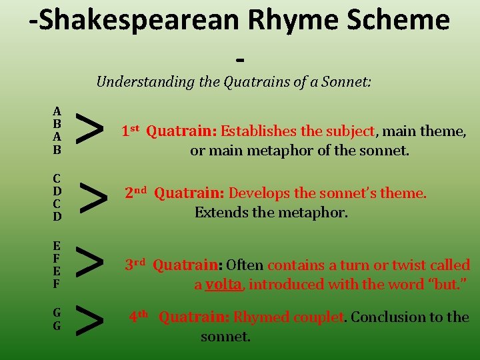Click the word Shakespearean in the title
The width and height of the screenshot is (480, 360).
[134, 21]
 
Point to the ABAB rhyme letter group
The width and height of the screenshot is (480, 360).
[57, 131]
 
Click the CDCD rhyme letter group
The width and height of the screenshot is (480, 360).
[57, 197]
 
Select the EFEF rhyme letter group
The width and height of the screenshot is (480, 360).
[57, 264]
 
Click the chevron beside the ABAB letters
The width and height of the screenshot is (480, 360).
[89, 129]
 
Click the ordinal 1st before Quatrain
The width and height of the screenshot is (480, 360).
[131, 131]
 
